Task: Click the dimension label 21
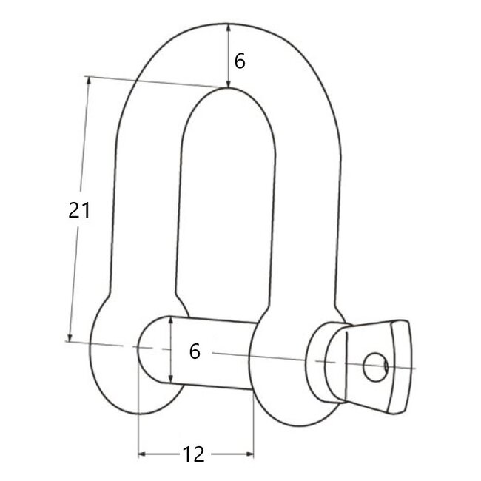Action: [78, 210]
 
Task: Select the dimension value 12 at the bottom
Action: [194, 454]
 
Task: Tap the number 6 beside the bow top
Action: [239, 61]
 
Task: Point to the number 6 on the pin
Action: [195, 351]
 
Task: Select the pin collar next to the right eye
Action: [326, 363]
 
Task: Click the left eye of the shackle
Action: [115, 363]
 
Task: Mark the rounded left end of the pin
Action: [148, 349]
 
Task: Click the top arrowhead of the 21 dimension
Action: [89, 81]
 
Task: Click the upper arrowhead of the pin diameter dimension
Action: [171, 320]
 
